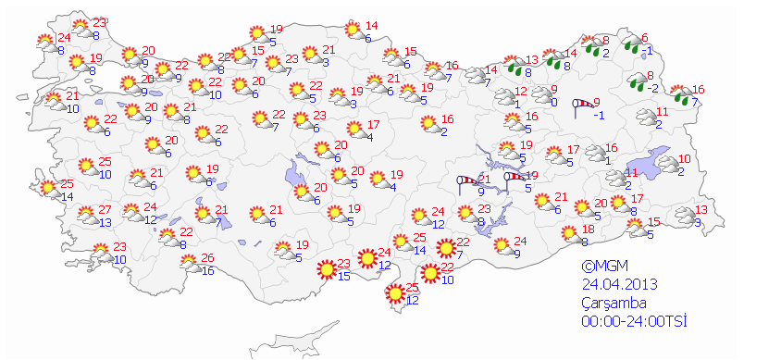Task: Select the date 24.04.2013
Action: tap(620, 282)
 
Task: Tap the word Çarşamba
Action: tap(614, 302)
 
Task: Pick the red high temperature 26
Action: tap(208, 257)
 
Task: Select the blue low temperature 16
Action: tap(208, 270)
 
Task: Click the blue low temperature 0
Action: tap(553, 102)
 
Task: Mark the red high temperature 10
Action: tap(685, 159)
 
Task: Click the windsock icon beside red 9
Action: tap(582, 106)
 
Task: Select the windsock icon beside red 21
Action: tap(470, 182)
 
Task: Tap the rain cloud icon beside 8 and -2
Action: tap(637, 82)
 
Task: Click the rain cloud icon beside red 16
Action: tap(681, 95)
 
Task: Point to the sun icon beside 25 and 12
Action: tap(396, 293)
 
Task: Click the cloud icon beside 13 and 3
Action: tap(684, 217)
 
